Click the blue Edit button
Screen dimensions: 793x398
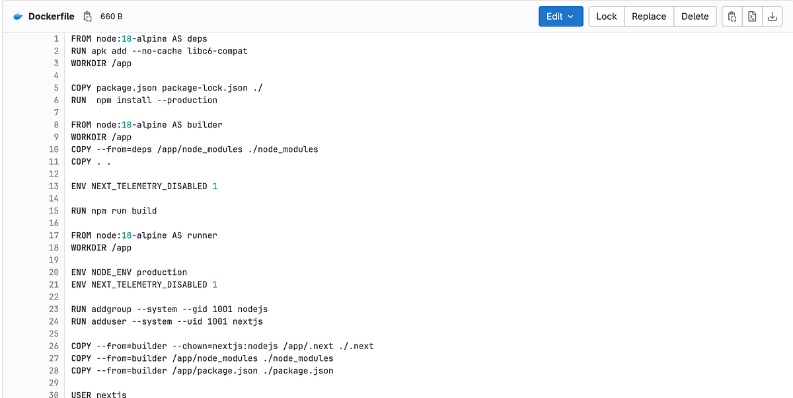pos(560,17)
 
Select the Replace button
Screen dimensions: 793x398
pos(648,17)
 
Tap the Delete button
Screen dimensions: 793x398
pos(695,17)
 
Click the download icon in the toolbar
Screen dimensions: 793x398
pos(771,17)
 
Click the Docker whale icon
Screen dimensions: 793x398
pos(18,17)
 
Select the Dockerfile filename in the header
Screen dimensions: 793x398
pos(51,17)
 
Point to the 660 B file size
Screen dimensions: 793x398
pos(111,17)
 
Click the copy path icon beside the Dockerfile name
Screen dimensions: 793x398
pos(87,17)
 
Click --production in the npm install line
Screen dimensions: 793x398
pos(192,100)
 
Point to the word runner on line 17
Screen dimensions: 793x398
pos(202,235)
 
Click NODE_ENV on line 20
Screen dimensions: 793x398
pos(112,272)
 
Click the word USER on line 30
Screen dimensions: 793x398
pos(81,395)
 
